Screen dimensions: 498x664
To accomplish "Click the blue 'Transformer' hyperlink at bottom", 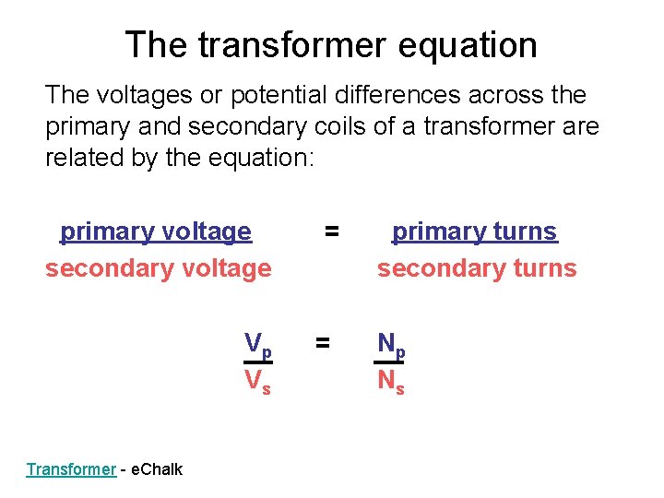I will click(x=71, y=469).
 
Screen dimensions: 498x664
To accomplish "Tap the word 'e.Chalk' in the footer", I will click(x=158, y=469).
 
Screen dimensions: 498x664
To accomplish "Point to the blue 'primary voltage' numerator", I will click(x=155, y=231).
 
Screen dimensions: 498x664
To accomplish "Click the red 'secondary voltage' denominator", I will click(x=158, y=268).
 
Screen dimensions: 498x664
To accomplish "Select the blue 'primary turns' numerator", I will click(x=474, y=231).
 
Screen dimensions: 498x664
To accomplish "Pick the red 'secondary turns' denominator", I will click(x=476, y=268).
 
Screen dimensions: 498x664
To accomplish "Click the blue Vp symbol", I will click(x=257, y=345).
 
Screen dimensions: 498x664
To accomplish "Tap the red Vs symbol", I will click(x=257, y=380).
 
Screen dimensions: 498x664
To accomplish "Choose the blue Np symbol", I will click(x=391, y=345).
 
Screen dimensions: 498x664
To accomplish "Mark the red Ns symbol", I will click(x=391, y=380).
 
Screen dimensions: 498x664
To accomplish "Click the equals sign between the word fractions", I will click(x=330, y=231).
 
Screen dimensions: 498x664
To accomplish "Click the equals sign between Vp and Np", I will click(x=322, y=343).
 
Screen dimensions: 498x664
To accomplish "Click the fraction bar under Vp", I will click(x=257, y=362).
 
